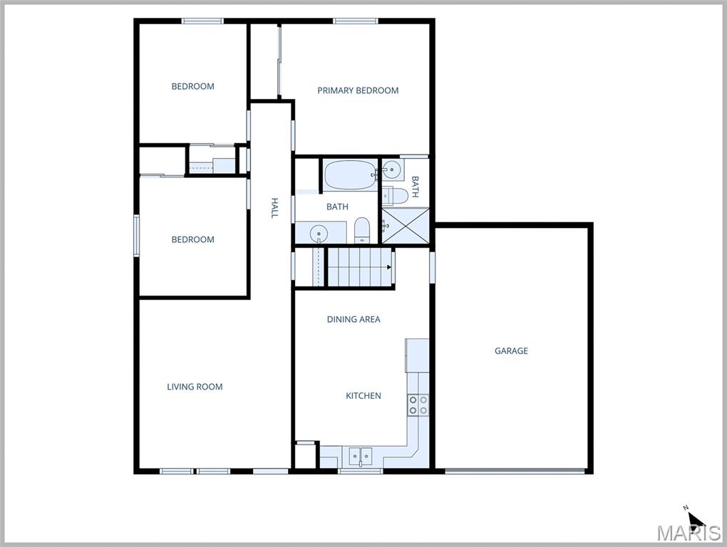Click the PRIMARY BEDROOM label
pos(358,90)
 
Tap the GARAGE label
pos(512,350)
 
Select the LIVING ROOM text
pos(195,387)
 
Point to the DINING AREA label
pos(354,319)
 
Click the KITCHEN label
pos(363,395)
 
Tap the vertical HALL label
pos(274,208)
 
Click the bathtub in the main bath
pos(350,175)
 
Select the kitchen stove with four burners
pos(418,405)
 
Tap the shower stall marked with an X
pos(406,227)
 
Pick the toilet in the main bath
pos(361,229)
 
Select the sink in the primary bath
pos(391,169)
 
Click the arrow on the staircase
pos(389,267)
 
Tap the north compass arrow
pos(695,519)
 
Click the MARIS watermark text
pos(689,533)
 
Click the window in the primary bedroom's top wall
pos(355,21)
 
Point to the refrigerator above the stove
pos(418,355)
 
